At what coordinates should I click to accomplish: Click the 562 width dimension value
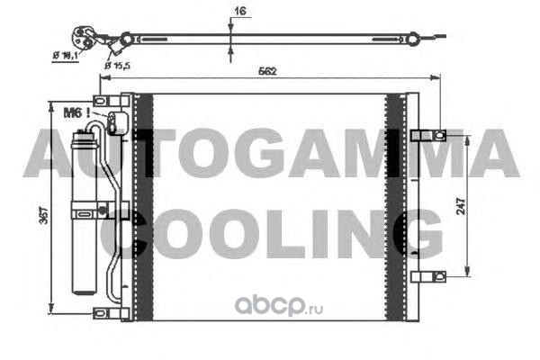point(267,71)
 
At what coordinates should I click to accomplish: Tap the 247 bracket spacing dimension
point(461,206)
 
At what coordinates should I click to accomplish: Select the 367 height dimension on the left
point(44,215)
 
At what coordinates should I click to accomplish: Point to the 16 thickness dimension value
point(240,11)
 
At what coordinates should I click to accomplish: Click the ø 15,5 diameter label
point(117,65)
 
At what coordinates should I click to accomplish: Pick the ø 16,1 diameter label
point(66,55)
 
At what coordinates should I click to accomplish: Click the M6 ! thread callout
point(76,112)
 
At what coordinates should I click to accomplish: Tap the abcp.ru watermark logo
point(279,306)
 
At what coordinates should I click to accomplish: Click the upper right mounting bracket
point(428,135)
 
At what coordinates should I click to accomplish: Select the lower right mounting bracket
point(428,276)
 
